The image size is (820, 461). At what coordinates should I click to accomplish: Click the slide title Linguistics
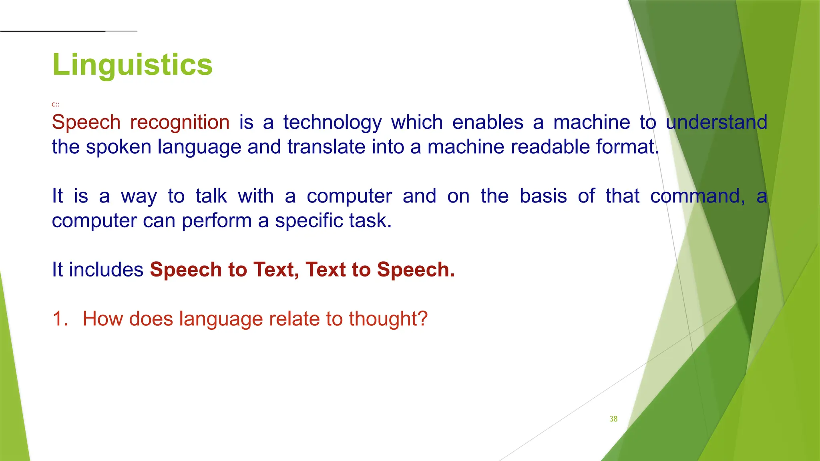[x=132, y=65]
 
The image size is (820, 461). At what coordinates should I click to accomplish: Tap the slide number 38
[x=613, y=419]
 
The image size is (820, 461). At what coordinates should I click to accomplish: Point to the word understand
[x=716, y=122]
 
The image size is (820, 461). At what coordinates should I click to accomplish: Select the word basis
[x=543, y=196]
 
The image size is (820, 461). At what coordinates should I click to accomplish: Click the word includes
[x=106, y=270]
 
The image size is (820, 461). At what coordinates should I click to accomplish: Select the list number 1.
[x=60, y=319]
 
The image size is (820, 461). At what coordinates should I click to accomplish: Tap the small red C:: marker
[x=55, y=104]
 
